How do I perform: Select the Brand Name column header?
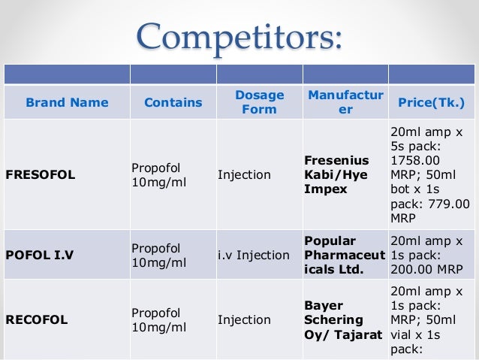point(67,102)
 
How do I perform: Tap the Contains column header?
point(173,102)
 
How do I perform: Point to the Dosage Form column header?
point(259,102)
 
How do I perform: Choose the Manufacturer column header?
point(345,102)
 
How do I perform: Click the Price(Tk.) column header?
point(431,102)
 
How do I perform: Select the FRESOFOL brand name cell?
point(41,175)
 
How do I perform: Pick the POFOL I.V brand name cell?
point(40,255)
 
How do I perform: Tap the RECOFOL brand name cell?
point(37,319)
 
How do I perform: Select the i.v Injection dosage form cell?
point(253,255)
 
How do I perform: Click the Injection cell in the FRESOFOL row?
point(244,175)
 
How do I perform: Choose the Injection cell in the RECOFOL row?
point(244,319)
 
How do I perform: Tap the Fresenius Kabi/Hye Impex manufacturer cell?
point(337,175)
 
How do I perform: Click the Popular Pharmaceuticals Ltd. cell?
point(344,255)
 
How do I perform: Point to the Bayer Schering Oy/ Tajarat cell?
point(344,319)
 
